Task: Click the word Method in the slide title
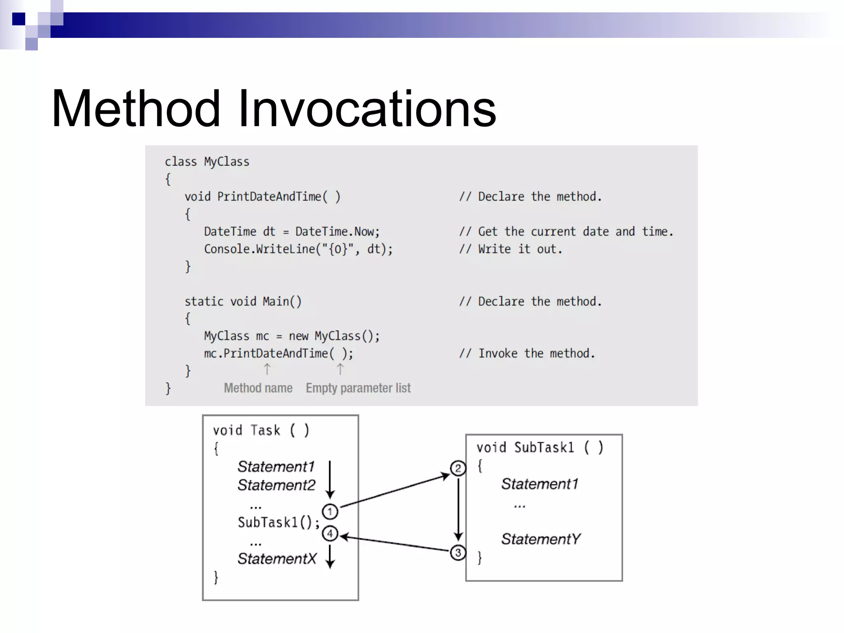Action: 136,109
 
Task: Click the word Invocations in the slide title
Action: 367,109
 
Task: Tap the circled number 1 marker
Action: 330,512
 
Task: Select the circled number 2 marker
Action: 458,468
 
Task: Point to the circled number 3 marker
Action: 458,553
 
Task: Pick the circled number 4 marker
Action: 330,534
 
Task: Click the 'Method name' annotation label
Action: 258,388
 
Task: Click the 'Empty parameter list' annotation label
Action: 358,388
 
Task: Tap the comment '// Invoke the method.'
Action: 527,354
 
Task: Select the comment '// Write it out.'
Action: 511,249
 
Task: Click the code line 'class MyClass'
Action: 207,162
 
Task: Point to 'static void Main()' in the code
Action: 243,302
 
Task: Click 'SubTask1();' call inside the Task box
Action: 279,523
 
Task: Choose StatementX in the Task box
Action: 277,559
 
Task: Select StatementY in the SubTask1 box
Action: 541,539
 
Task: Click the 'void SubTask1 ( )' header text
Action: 540,448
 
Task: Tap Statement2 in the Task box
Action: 276,485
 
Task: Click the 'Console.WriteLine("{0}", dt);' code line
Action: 298,249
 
